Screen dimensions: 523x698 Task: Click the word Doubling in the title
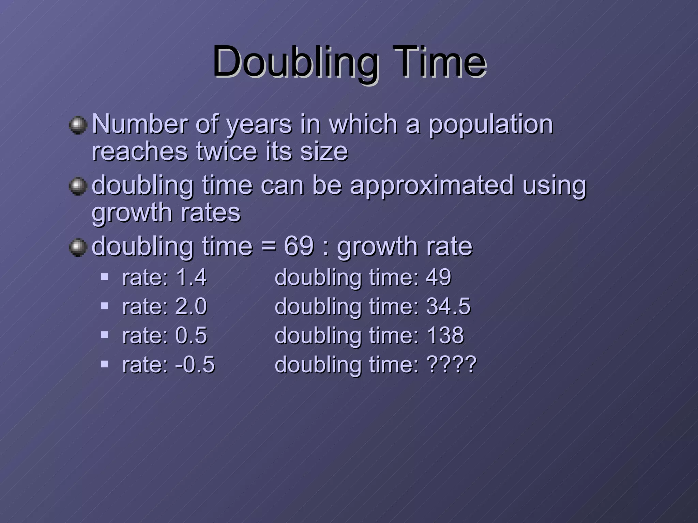(295, 63)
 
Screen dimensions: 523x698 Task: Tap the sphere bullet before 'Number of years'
(78, 125)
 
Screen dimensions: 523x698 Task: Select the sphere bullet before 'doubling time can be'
(78, 186)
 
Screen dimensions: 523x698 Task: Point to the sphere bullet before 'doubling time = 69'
(78, 247)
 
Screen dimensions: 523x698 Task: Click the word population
(490, 125)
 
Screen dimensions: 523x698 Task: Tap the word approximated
(431, 186)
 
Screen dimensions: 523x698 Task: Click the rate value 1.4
(191, 277)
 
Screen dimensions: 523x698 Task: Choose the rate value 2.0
(191, 306)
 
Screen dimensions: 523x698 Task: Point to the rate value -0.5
(195, 365)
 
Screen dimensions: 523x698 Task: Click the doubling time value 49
(438, 277)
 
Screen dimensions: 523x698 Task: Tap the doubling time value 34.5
(448, 306)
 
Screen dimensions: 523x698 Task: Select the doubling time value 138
(445, 335)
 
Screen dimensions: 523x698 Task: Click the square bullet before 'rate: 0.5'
(104, 334)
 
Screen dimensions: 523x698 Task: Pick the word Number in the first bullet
(140, 124)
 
